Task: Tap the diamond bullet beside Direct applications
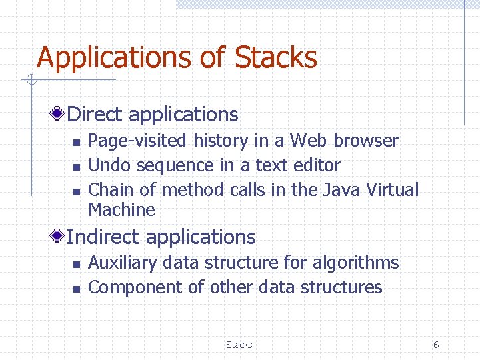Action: tap(59, 114)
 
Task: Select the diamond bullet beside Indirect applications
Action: tap(59, 237)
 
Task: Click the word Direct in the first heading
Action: tap(95, 115)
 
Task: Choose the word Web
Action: tap(309, 141)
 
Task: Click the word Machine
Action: tap(121, 210)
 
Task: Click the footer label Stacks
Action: tap(239, 345)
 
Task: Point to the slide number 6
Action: tap(436, 345)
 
